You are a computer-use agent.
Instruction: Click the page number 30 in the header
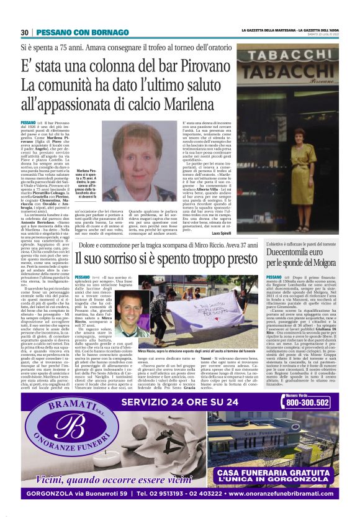click(25, 32)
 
